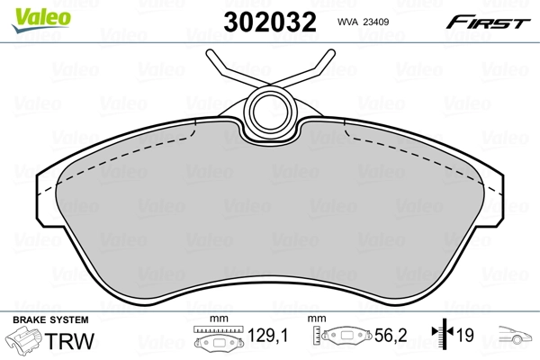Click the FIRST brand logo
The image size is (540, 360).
pyautogui.click(x=490, y=22)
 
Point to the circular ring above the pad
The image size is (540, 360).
pyautogui.click(x=268, y=110)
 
